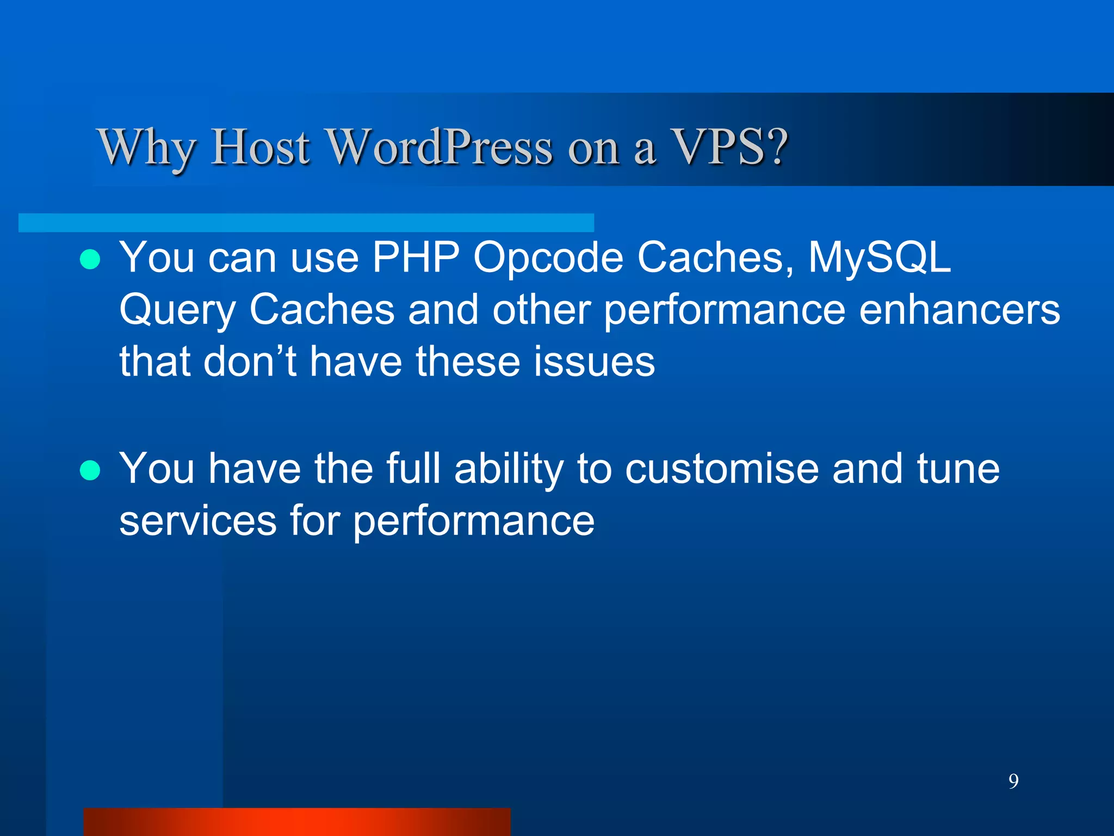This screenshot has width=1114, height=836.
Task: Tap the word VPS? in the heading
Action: pos(730,147)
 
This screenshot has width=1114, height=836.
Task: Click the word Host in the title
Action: pos(260,147)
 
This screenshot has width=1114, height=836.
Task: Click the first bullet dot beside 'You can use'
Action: pos(90,260)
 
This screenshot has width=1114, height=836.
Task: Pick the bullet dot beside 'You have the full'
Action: pos(90,470)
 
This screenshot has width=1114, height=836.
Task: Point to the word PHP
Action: pos(416,257)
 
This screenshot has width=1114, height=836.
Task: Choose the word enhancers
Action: pos(960,309)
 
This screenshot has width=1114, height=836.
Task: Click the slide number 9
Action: pos(1013,781)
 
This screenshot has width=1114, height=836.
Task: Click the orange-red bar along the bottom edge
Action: pos(297,822)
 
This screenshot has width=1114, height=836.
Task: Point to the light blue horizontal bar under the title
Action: pos(306,223)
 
